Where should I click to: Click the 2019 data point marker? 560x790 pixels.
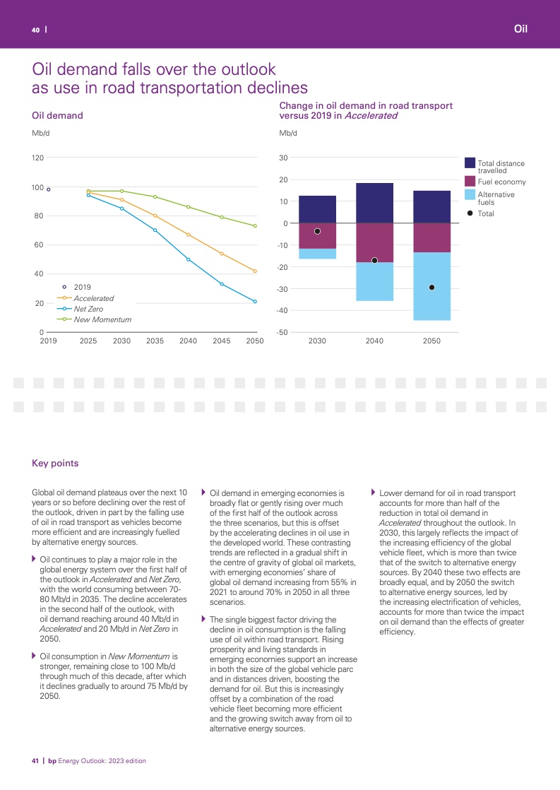tap(49, 189)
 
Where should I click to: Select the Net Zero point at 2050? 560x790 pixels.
tap(255, 302)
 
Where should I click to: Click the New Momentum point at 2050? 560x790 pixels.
tap(255, 226)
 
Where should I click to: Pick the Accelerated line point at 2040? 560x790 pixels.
tap(188, 235)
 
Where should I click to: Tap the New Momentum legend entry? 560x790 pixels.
tap(102, 319)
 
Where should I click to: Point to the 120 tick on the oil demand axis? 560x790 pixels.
tap(37, 158)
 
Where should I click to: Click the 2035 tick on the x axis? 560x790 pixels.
tap(155, 341)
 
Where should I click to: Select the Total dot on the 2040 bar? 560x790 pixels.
tap(374, 261)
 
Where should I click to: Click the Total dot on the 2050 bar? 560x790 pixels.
tap(431, 288)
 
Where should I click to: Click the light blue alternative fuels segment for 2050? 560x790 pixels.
tap(431, 286)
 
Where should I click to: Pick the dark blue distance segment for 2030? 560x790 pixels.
tap(317, 209)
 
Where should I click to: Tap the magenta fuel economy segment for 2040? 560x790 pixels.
tap(374, 243)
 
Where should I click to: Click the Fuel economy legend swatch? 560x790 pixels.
tap(470, 182)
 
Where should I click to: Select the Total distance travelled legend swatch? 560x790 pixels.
tap(470, 163)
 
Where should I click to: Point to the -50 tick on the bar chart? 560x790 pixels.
tap(283, 333)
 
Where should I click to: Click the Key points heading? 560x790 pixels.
tap(55, 464)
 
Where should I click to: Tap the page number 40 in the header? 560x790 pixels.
tap(35, 30)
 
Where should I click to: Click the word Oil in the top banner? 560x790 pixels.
tap(521, 29)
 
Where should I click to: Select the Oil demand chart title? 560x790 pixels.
tap(58, 115)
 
